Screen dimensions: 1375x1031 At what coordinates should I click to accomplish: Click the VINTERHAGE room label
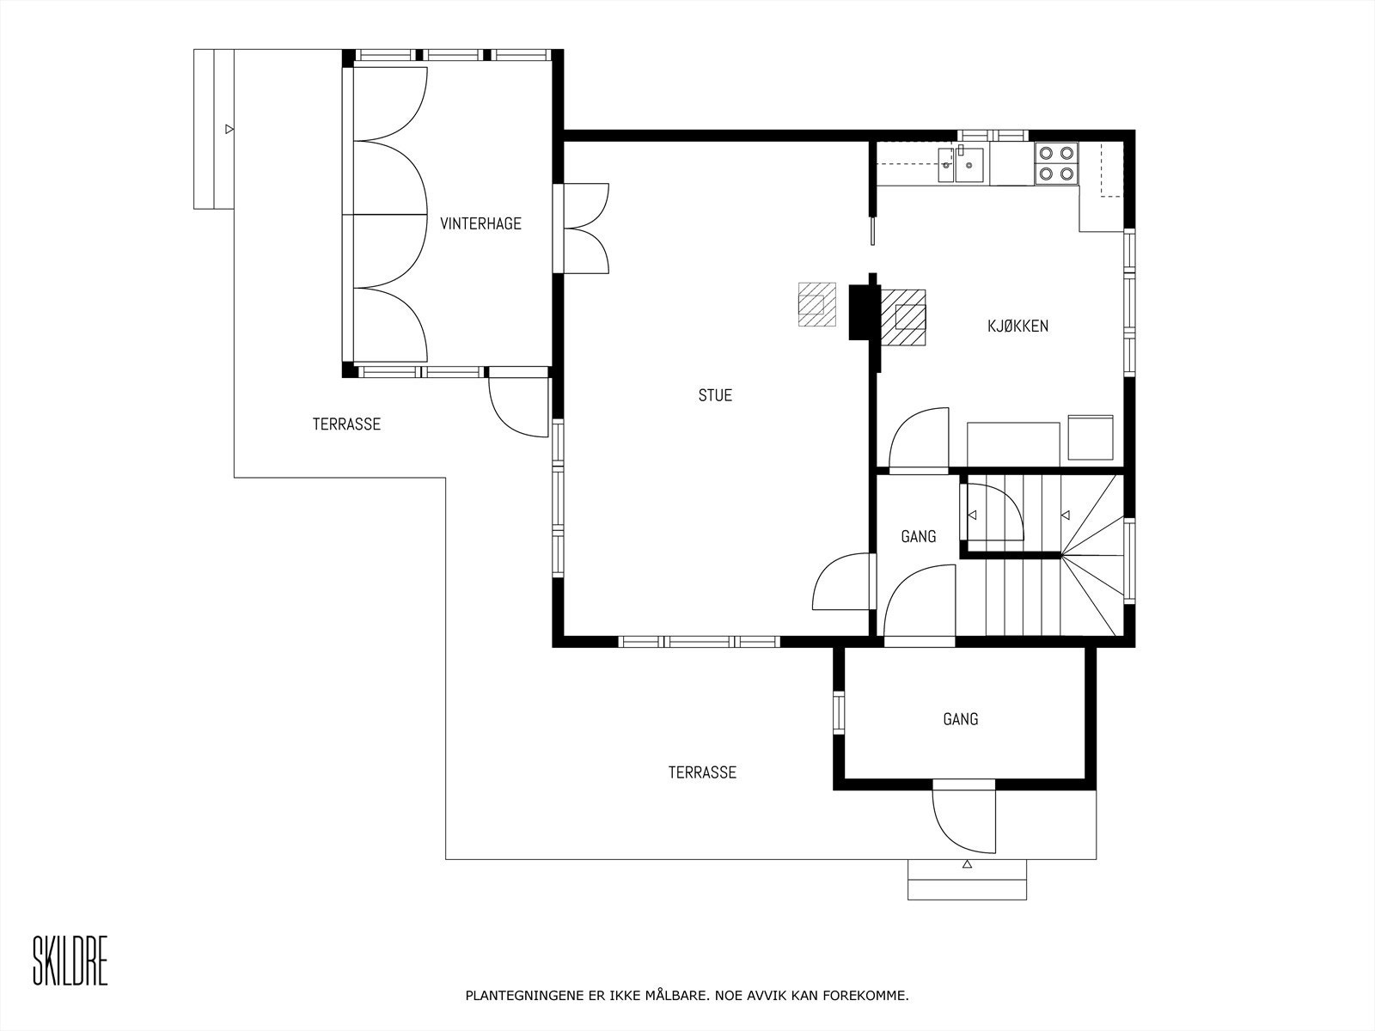pos(480,223)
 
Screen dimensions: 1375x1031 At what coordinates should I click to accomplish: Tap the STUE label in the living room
pos(715,395)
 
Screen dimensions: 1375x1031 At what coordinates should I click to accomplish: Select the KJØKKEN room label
pos(1018,326)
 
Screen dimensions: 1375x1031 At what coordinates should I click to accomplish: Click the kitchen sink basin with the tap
pos(969,165)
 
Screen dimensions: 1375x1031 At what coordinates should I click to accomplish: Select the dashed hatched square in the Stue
pos(817,304)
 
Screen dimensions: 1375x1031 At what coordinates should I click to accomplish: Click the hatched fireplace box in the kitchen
pos(903,317)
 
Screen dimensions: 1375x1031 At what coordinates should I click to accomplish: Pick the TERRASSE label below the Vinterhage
pos(346,424)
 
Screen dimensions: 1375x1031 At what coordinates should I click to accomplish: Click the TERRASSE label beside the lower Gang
pos(702,772)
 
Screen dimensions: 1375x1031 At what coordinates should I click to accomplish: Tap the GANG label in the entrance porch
pos(960,719)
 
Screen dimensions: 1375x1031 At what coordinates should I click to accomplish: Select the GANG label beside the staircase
pos(919,536)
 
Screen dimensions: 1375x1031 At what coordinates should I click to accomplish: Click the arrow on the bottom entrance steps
pos(967,864)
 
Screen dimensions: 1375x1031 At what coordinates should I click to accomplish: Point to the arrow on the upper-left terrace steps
pos(229,129)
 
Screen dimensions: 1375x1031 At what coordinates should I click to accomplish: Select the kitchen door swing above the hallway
pos(919,437)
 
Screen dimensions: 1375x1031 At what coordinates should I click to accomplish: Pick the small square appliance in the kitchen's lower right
pos(1091,437)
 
